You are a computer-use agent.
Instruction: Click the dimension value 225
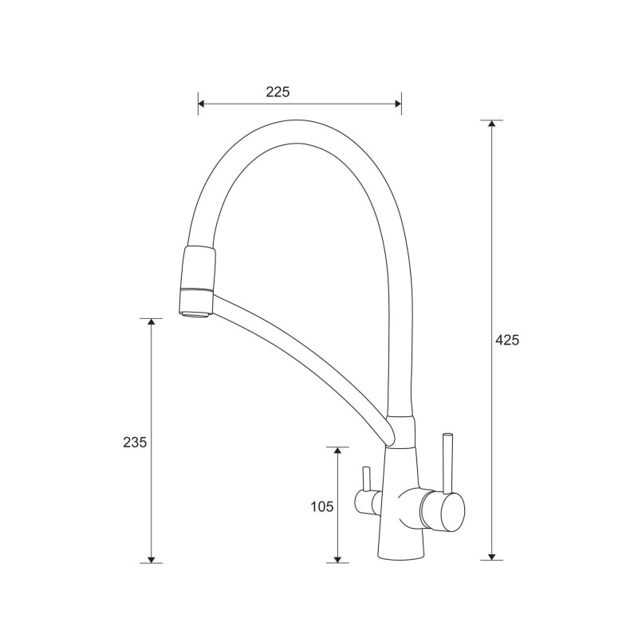(x=278, y=92)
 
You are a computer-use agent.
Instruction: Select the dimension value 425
(x=507, y=340)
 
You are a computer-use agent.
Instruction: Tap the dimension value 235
(x=135, y=442)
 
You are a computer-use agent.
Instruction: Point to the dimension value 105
(x=322, y=506)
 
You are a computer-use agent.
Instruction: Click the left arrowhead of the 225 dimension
(x=201, y=104)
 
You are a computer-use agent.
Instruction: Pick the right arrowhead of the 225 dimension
(x=398, y=104)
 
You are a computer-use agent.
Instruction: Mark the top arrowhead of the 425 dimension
(x=492, y=124)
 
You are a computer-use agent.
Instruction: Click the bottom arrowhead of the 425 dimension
(x=492, y=557)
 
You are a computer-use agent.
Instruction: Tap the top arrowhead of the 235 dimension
(x=152, y=322)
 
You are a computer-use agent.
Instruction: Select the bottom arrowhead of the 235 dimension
(x=152, y=560)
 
